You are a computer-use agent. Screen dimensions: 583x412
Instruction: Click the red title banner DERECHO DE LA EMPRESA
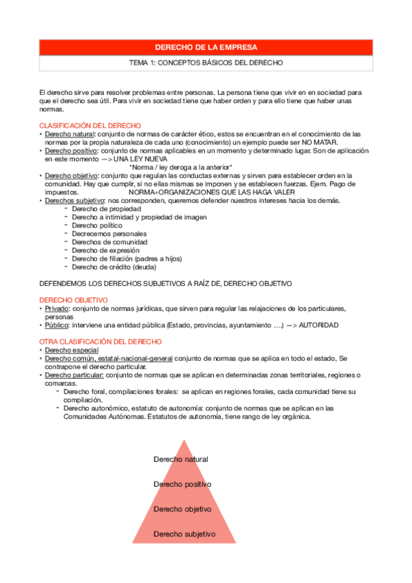point(206,47)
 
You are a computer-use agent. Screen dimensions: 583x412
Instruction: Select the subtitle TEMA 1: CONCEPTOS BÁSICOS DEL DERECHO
point(206,63)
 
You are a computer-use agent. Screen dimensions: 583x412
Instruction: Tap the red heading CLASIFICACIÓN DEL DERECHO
point(90,125)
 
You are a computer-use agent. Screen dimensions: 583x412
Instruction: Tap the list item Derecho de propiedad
point(102,208)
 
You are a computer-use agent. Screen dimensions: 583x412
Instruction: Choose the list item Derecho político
point(97,225)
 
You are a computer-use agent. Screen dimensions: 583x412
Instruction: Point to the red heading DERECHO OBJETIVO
point(74,300)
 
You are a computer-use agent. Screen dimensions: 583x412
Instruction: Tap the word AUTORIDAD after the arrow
point(318,325)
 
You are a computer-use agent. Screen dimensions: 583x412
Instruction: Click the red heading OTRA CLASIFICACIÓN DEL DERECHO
point(100,342)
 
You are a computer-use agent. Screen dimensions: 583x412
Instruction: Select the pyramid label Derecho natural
point(180,459)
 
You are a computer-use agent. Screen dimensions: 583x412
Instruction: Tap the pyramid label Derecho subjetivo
point(184,533)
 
